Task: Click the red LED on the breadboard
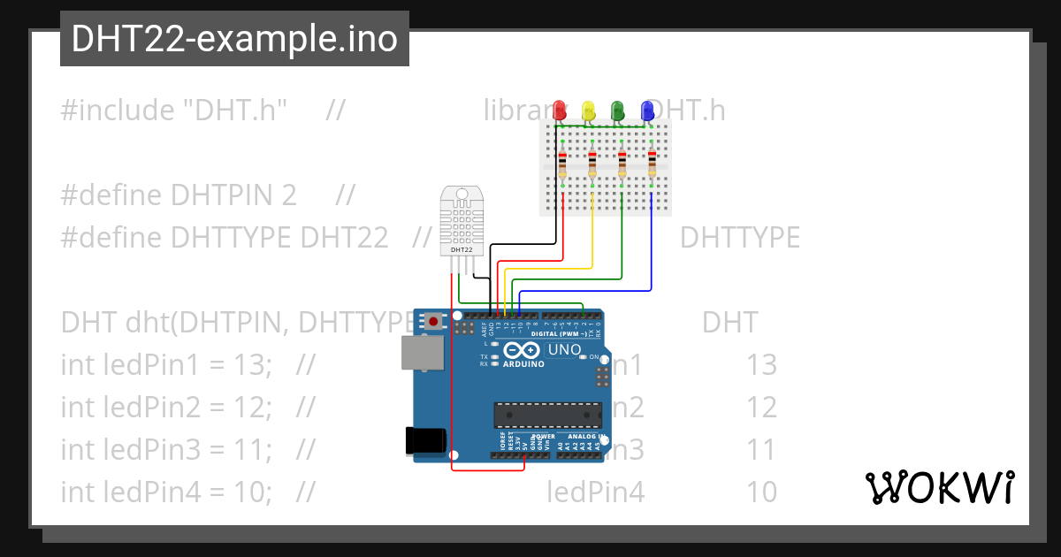pos(559,110)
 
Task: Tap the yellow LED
pos(589,110)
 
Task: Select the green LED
pos(618,110)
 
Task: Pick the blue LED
pos(647,110)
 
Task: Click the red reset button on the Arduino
pos(433,322)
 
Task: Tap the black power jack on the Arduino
pos(423,441)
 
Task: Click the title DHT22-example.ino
pos(234,39)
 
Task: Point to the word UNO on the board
pos(565,349)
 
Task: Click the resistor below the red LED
pos(562,164)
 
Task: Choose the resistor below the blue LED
pos(653,164)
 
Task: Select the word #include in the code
pos(118,111)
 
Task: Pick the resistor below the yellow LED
pos(592,164)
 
